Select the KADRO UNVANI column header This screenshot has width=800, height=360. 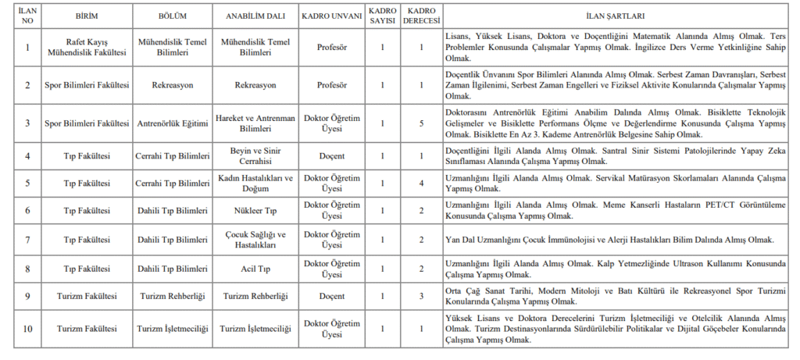tap(331, 16)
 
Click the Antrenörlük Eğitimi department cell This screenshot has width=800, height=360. tap(173, 123)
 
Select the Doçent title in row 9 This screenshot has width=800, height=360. tap(331, 296)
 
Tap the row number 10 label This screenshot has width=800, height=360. tap(27, 329)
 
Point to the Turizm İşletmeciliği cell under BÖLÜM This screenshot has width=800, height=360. tap(173, 329)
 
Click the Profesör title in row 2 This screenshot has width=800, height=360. tap(331, 84)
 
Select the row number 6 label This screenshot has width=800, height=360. tap(27, 210)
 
